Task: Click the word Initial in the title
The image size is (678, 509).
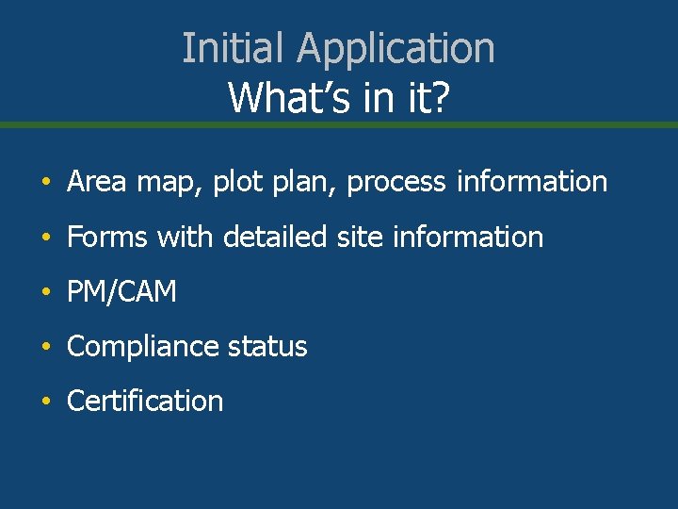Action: (219, 48)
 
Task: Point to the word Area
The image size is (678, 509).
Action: (98, 181)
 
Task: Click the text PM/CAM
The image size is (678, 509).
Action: (121, 292)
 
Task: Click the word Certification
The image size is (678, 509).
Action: (145, 401)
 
